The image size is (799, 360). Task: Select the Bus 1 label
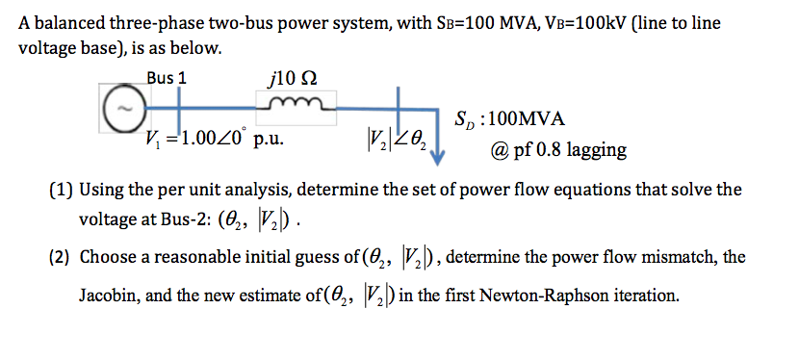[168, 77]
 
